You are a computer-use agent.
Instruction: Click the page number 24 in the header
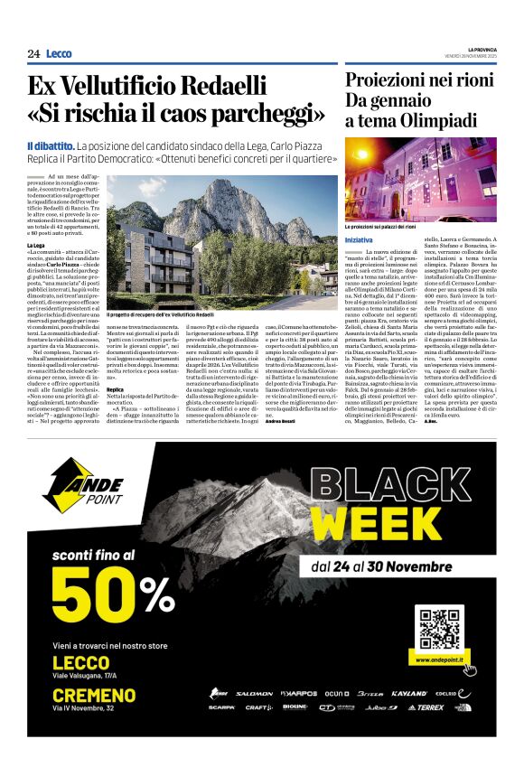point(33,54)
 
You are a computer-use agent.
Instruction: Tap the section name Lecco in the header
point(59,54)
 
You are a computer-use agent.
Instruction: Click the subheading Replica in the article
point(115,388)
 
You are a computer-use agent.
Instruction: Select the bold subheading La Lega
point(36,245)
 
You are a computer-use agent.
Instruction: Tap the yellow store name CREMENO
point(95,696)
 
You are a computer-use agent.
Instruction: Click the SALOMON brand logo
point(254,694)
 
